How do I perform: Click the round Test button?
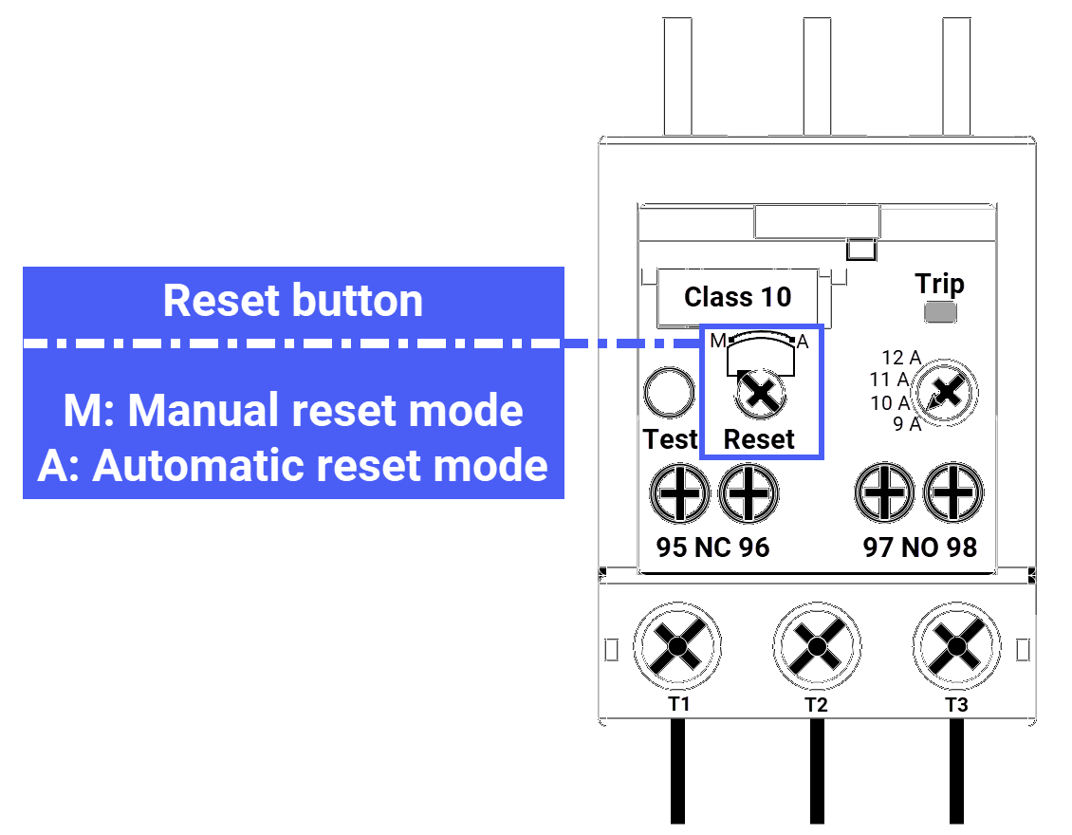[x=669, y=394]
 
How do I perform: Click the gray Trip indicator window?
[x=939, y=313]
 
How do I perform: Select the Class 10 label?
[x=737, y=297]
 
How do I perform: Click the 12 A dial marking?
[x=900, y=358]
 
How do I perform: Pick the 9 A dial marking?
[x=907, y=424]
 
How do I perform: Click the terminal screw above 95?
[x=679, y=493]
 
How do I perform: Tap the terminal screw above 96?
[x=749, y=493]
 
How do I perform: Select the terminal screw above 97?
[x=885, y=493]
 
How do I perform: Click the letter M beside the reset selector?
[x=717, y=341]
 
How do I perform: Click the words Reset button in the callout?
[x=293, y=301]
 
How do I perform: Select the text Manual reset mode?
[x=325, y=411]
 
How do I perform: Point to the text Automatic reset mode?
[x=320, y=466]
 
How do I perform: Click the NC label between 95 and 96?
[x=713, y=547]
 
